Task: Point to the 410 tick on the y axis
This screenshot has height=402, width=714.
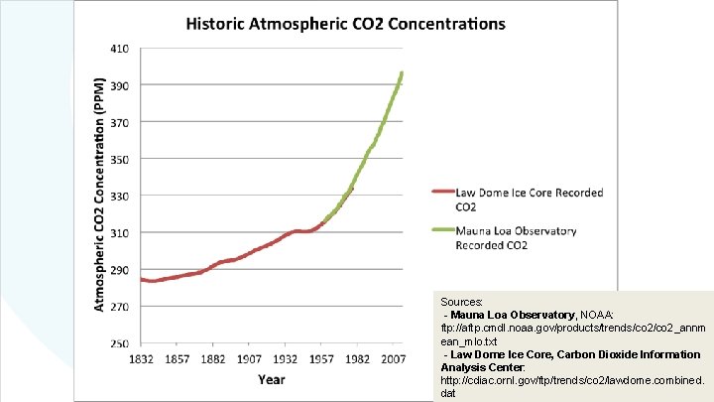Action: [x=118, y=49]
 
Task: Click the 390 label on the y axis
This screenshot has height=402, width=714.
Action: [x=118, y=85]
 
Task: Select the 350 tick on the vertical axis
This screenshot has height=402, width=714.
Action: [x=118, y=159]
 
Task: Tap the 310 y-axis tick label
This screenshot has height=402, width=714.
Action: [x=118, y=233]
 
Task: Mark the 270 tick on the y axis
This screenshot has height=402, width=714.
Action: [x=118, y=307]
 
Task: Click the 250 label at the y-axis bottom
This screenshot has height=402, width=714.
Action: [x=118, y=343]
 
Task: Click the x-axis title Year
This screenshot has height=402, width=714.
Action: [x=272, y=378]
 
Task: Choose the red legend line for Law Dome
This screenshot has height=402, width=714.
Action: [x=440, y=193]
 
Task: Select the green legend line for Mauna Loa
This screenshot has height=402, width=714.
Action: [x=440, y=231]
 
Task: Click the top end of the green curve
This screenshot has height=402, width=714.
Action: [x=402, y=72]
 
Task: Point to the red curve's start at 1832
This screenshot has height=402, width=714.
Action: [x=142, y=280]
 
